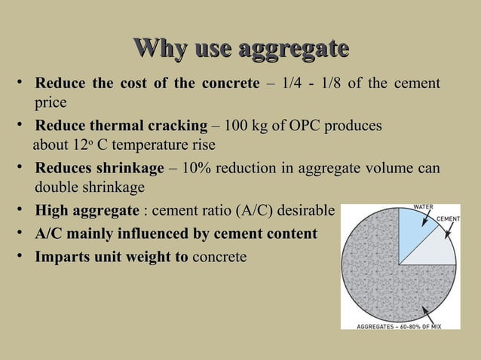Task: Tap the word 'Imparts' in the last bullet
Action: click(61, 257)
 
